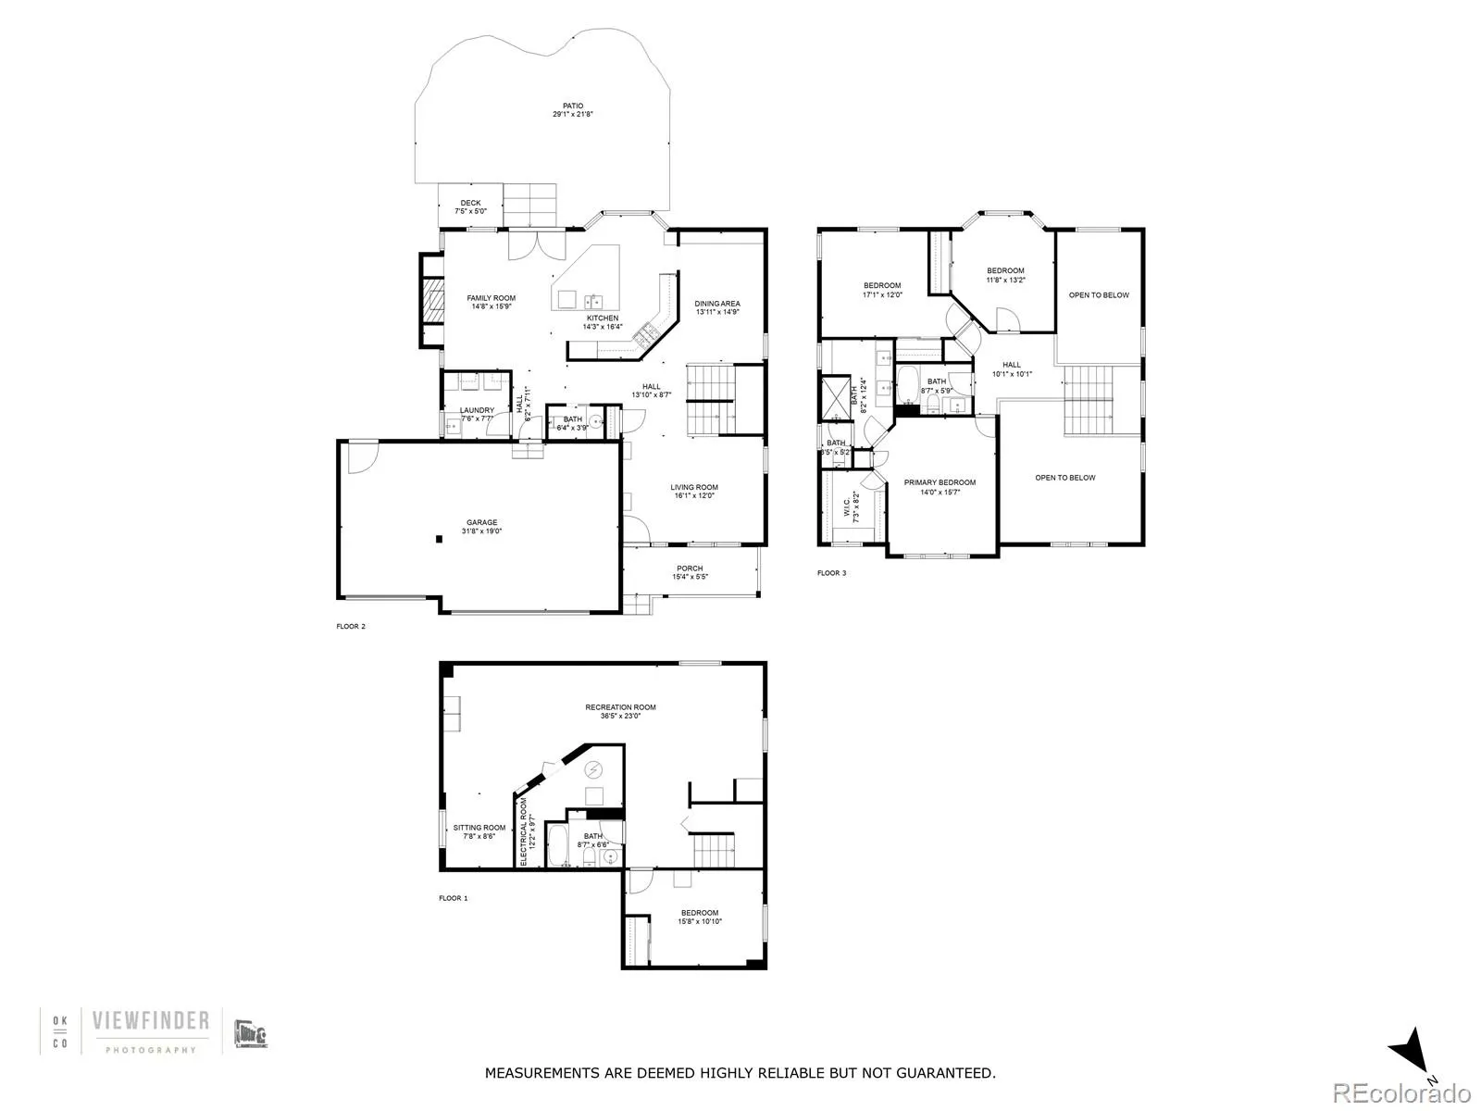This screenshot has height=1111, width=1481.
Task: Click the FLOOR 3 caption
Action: click(x=831, y=573)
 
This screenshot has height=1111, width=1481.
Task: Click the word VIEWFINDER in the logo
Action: click(x=151, y=1021)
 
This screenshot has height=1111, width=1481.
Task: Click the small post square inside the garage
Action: click(x=438, y=538)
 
